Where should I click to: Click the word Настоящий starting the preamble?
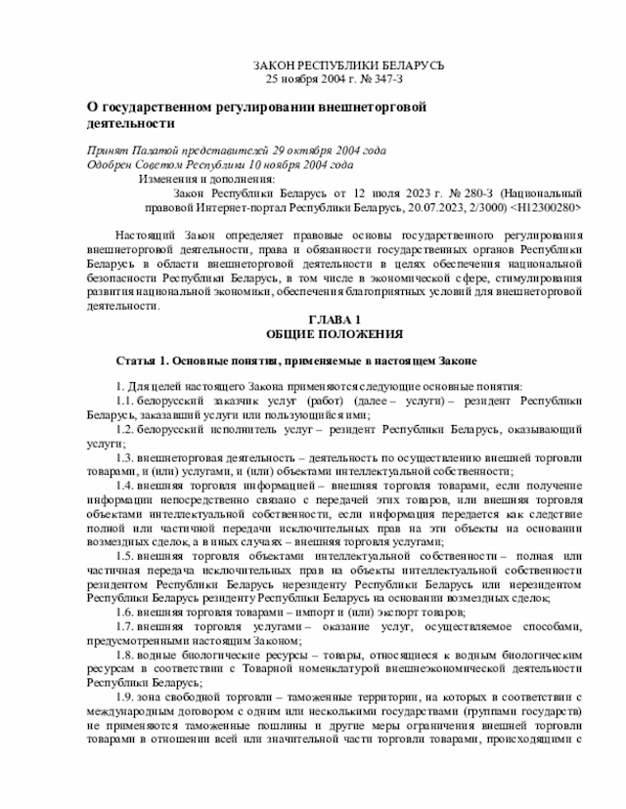coord(147,235)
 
